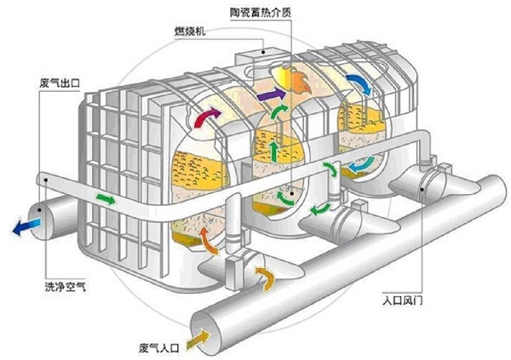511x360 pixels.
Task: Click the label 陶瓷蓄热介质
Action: [x=261, y=12]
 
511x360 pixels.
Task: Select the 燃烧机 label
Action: [x=190, y=31]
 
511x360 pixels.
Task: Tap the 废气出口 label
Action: [x=60, y=83]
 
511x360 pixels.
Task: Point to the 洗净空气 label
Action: [x=66, y=287]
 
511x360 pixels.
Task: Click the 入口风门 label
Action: [x=403, y=300]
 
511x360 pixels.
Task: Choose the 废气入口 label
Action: [x=159, y=348]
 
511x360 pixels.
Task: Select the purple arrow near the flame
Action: [x=271, y=94]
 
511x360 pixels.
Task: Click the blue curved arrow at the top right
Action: [x=359, y=83]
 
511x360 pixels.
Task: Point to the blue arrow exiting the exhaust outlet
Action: [x=26, y=226]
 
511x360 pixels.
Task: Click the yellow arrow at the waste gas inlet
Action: [x=198, y=340]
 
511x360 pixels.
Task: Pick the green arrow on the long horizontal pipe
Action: [x=106, y=198]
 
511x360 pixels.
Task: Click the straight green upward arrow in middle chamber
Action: [x=274, y=151]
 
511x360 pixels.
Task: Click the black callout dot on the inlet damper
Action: [x=422, y=189]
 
